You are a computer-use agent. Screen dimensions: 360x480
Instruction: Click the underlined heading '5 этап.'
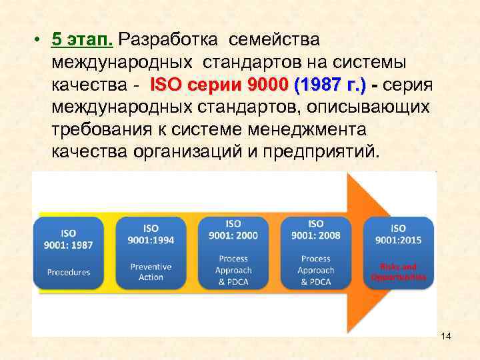[83, 39]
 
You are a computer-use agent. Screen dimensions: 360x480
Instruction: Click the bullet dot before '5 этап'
[41, 40]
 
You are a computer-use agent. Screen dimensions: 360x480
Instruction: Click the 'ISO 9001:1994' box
[151, 252]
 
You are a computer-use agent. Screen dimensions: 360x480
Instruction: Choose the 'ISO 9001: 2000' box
[233, 251]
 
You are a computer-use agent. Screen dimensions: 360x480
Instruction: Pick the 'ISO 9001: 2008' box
[315, 251]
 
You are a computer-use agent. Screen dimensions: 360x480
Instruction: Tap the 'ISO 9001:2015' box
[398, 252]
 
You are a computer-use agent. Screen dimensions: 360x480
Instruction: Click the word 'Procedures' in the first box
[68, 272]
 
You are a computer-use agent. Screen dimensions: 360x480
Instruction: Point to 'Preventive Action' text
[151, 271]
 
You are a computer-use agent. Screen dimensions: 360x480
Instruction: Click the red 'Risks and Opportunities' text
[398, 271]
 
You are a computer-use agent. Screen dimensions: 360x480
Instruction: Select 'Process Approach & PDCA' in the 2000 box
[233, 270]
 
